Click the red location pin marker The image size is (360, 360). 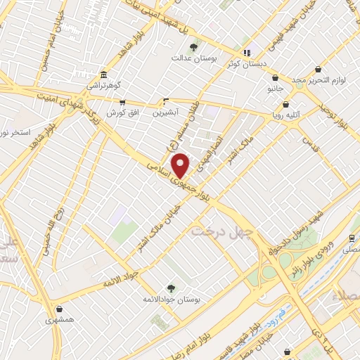coord(181,165)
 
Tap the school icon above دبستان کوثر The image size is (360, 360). coord(246,52)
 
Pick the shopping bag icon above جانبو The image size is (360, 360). coord(274,79)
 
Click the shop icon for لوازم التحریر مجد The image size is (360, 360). coord(319,70)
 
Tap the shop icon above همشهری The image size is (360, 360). coord(59,309)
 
